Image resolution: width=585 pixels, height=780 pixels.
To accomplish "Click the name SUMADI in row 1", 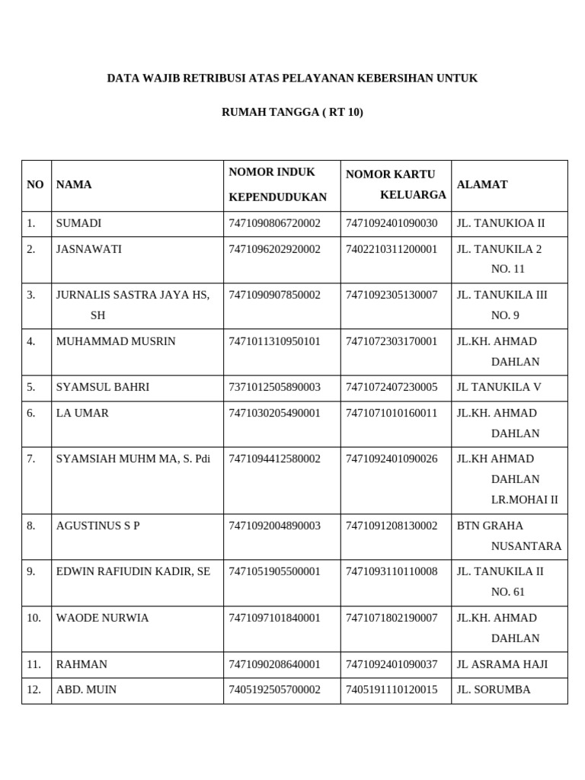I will tap(78, 223).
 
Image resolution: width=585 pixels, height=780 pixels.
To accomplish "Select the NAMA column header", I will tap(74, 184).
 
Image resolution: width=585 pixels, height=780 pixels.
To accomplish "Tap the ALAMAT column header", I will tap(482, 184).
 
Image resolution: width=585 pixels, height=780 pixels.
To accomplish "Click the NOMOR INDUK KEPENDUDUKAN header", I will tap(277, 184).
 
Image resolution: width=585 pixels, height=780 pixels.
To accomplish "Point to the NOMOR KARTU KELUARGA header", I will tap(395, 184).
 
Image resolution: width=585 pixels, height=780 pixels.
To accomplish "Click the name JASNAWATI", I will tap(88, 249).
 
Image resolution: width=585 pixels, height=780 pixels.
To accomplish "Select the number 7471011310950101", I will tap(274, 341).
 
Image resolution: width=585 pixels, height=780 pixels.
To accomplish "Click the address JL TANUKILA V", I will tap(499, 387).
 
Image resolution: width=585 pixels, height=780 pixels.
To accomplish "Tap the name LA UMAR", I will tap(82, 413).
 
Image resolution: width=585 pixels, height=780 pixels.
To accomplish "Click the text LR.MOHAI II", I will tap(524, 500).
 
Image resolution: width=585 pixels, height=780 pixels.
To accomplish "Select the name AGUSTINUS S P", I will tap(98, 526).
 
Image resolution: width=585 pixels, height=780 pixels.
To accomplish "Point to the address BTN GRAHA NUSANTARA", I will tap(509, 535).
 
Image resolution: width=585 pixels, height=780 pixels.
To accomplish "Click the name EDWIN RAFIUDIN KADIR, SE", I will tap(133, 571).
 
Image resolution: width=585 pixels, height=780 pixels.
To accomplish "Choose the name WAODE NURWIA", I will tap(102, 618).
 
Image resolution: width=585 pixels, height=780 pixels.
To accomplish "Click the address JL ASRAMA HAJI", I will tap(502, 664).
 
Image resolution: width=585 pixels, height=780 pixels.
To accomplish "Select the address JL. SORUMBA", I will tap(494, 689).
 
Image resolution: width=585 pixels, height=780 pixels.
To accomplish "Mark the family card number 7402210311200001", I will tap(392, 249).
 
